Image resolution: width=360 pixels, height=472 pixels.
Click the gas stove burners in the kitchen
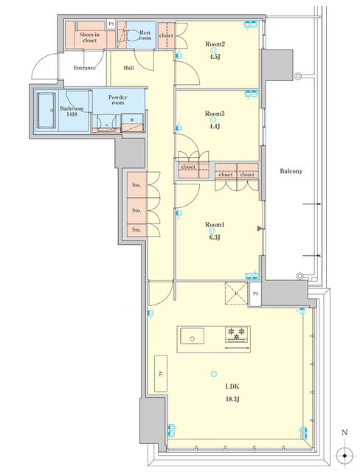pos(237,335)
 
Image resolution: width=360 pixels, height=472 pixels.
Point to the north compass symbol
pos(344,451)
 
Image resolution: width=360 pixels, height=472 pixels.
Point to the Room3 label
pos(214,114)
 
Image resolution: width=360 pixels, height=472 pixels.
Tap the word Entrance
pos(86,69)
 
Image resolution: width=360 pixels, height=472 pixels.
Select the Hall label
pos(128,69)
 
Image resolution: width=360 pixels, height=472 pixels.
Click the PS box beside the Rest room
pos(111,24)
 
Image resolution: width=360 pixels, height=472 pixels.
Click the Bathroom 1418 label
pos(72,111)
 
